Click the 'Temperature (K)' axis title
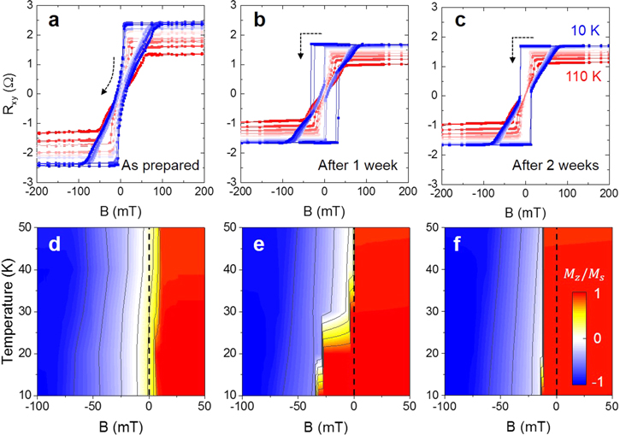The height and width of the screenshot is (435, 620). [x=9, y=318]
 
